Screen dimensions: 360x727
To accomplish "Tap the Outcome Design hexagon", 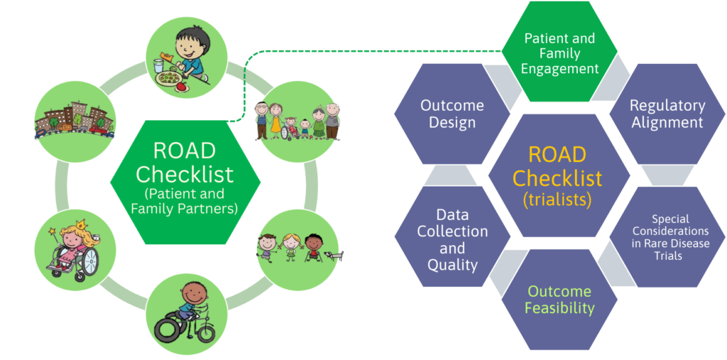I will tap(452, 114).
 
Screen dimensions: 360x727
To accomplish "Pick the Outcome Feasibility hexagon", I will tap(559, 300).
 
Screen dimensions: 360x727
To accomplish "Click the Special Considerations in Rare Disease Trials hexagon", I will tap(665, 237).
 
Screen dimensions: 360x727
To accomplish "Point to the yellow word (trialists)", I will tap(558, 200).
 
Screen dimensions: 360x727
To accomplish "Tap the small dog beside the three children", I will tap(333, 253).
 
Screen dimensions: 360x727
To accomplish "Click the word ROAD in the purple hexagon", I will tap(558, 154).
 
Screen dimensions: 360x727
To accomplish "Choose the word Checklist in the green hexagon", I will tap(184, 173).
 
